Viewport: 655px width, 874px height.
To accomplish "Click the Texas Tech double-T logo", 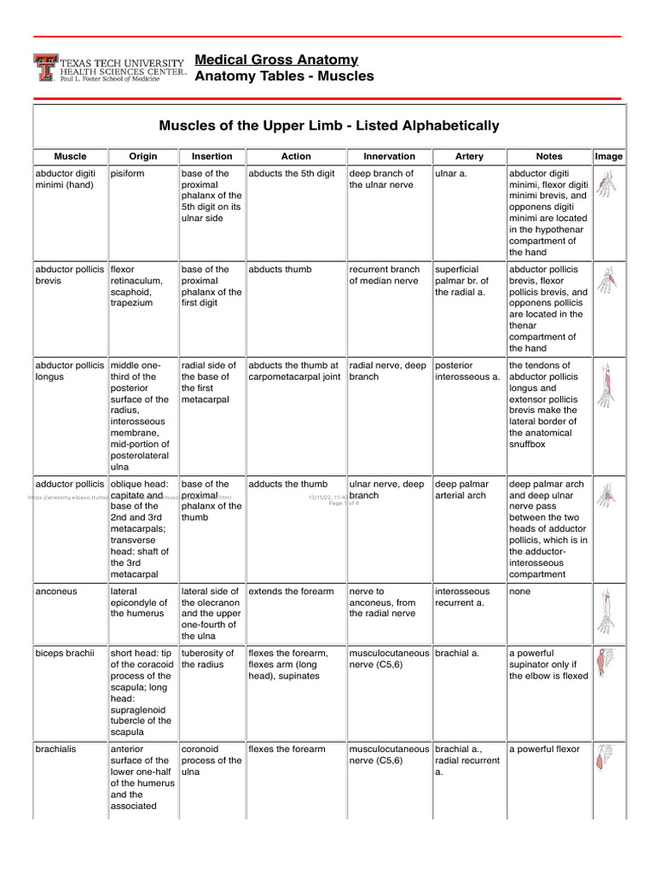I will [x=45, y=67].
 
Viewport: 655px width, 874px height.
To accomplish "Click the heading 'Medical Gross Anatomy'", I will [x=276, y=60].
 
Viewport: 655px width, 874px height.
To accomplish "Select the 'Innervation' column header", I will [x=389, y=156].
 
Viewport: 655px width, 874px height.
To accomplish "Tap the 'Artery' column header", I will [x=469, y=156].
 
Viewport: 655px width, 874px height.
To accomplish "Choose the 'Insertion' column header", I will [x=212, y=156].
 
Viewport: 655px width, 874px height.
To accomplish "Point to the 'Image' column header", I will [x=609, y=156].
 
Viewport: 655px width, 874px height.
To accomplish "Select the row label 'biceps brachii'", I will [x=64, y=653].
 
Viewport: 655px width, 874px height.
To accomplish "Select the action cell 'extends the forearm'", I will [x=291, y=591].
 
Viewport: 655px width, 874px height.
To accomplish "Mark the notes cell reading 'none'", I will [x=522, y=591].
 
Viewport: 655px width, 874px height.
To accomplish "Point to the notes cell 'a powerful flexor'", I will [x=544, y=749].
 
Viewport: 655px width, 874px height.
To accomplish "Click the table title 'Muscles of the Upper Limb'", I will [x=329, y=125].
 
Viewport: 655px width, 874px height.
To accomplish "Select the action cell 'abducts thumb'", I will [x=280, y=269].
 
